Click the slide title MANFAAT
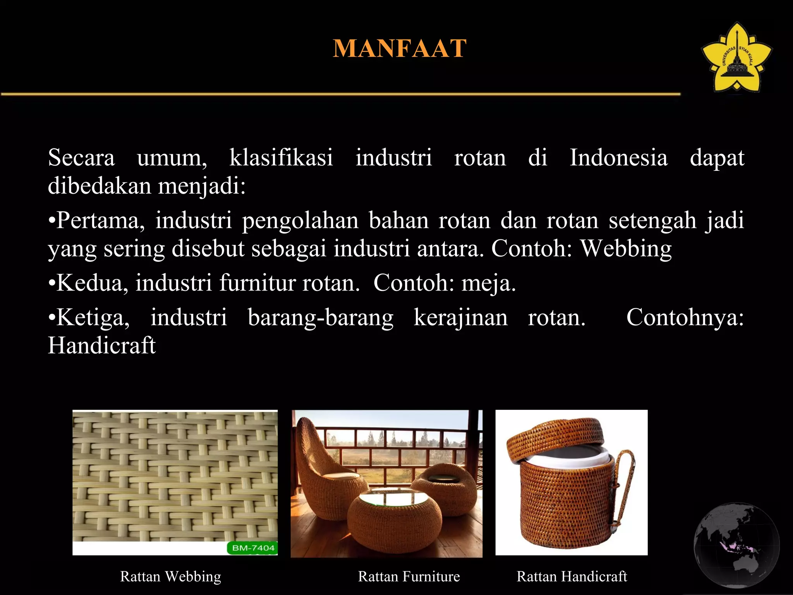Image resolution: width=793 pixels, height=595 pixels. point(400,48)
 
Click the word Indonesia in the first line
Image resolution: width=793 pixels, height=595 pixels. point(618,158)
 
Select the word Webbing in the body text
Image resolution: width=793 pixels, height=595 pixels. point(626,248)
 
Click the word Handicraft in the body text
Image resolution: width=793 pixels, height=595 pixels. point(101,345)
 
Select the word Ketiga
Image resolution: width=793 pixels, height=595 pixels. point(93,318)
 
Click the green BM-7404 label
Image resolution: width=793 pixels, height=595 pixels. point(252,548)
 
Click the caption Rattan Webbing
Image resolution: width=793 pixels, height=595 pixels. point(170,576)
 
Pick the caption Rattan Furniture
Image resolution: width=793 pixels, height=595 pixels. point(409,576)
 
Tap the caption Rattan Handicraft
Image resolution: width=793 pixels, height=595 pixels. point(572,576)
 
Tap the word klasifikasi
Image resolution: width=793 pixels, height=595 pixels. point(281,158)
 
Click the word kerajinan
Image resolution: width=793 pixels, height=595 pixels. point(460,318)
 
